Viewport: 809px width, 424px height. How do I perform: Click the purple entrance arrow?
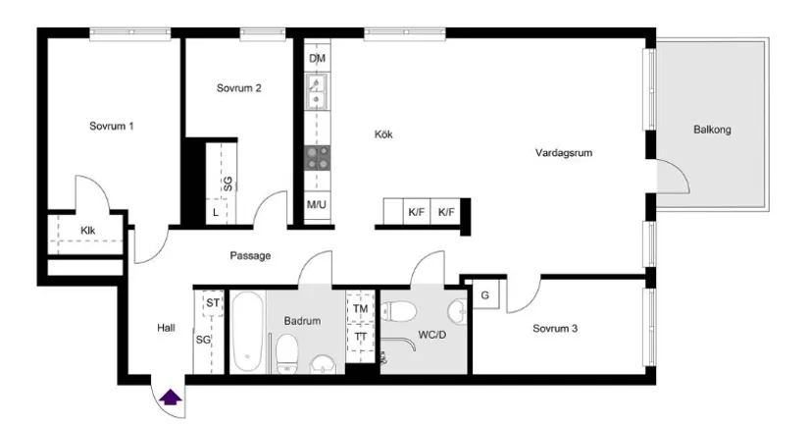tap(171, 397)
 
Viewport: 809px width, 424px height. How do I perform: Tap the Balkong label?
tap(712, 130)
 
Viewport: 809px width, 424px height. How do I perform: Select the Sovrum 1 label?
tap(111, 127)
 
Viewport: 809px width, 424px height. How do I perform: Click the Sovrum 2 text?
tap(238, 88)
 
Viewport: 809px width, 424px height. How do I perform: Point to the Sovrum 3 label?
tap(554, 329)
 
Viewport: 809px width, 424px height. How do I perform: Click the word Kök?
tap(382, 134)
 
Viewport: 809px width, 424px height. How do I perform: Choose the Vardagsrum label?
tap(564, 153)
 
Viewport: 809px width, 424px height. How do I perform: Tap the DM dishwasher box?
tap(317, 59)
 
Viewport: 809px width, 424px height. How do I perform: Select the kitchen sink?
tap(317, 93)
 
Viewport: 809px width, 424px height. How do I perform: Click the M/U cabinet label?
tap(316, 205)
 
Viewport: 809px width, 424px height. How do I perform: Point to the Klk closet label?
tap(88, 232)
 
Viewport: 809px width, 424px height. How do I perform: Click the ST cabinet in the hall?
tap(211, 303)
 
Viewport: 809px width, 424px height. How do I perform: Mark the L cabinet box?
tap(216, 212)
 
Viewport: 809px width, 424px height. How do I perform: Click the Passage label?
tap(250, 256)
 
